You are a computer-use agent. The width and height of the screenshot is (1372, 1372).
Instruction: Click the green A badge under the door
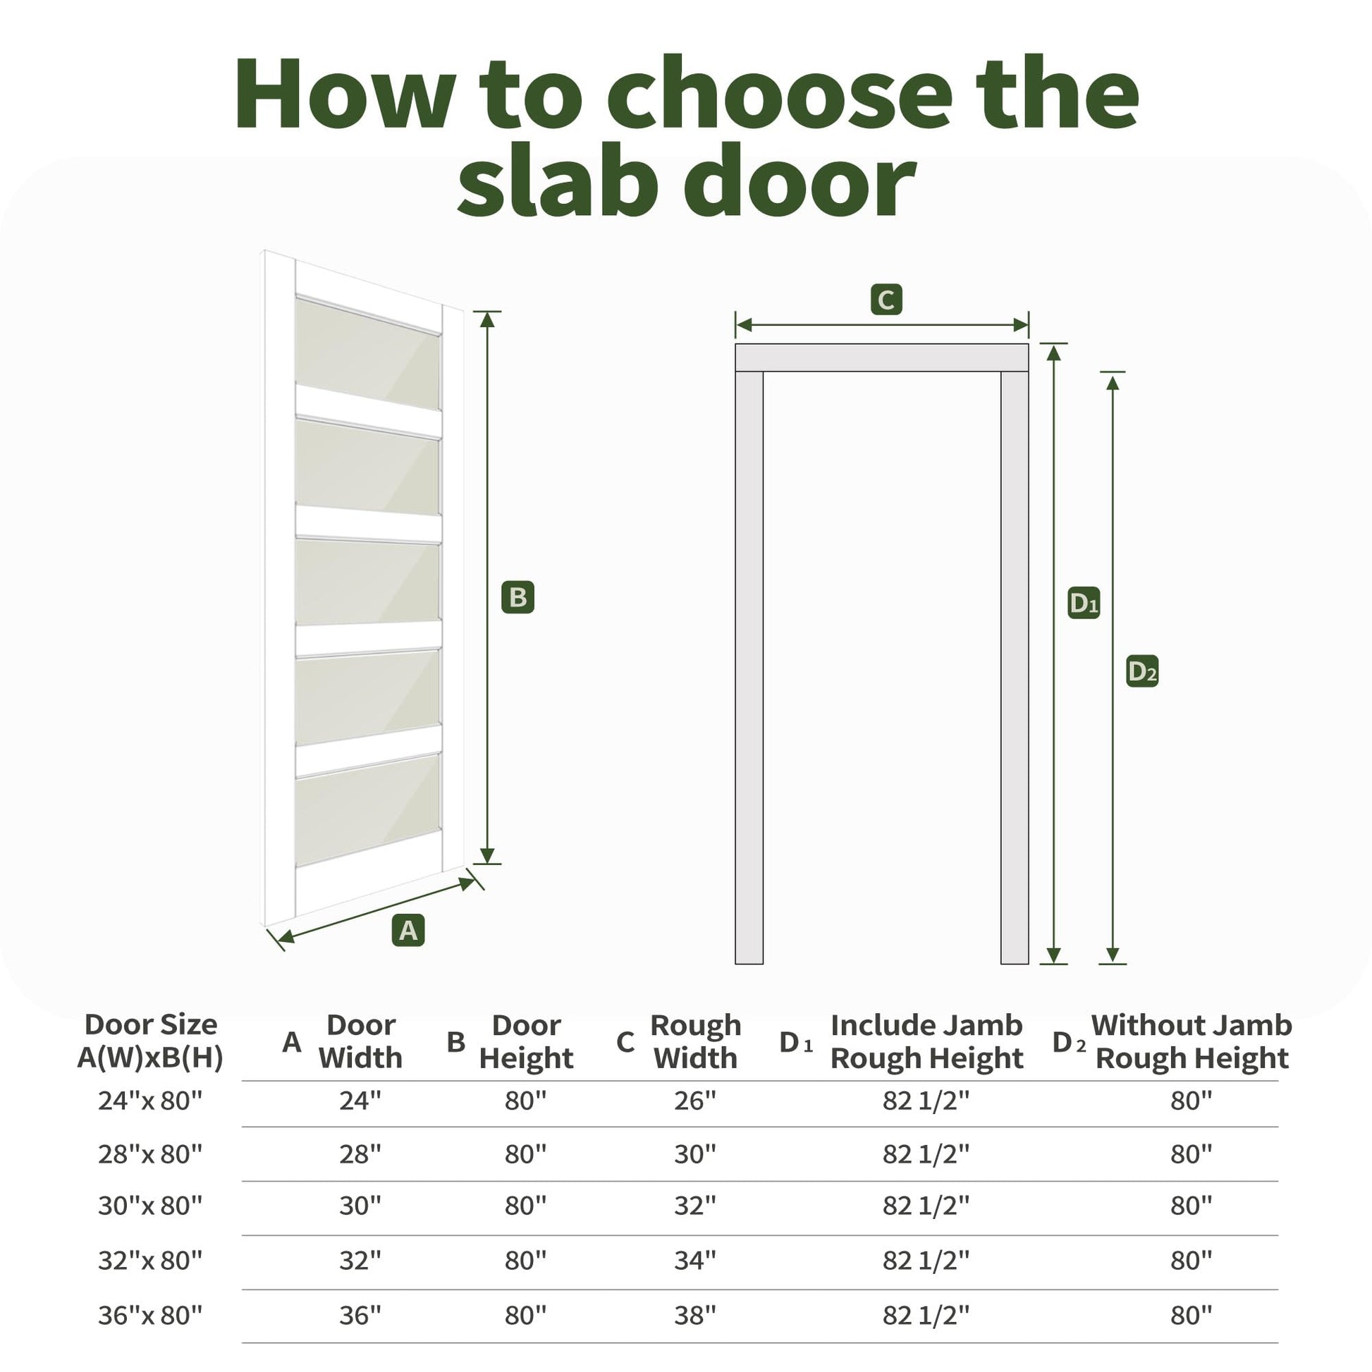pos(408,929)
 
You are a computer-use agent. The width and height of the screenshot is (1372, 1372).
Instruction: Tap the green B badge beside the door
pos(517,597)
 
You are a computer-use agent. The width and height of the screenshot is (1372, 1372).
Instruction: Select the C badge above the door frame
pos(886,300)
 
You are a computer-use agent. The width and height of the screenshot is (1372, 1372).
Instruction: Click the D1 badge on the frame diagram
pos(1084,603)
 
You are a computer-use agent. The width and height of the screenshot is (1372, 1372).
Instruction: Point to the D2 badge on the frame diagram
pos(1143,671)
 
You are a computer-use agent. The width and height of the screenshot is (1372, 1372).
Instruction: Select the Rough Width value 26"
pos(695,1101)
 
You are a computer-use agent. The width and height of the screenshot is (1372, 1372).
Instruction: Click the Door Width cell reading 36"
pos(360,1315)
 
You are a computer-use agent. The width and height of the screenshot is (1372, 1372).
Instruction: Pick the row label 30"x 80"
pos(150,1206)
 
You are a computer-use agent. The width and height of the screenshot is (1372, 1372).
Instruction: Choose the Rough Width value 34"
pos(695,1261)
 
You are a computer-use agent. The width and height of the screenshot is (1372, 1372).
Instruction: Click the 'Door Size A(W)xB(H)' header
pos(151,1041)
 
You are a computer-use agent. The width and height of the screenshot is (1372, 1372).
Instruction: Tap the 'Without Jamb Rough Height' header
pos(1192,1042)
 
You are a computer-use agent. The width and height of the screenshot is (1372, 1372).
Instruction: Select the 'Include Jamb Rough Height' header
pos(926,1042)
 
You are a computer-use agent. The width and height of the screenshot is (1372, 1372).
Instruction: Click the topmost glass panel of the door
pos(368,353)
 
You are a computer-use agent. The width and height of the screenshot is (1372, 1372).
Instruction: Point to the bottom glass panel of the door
pos(368,809)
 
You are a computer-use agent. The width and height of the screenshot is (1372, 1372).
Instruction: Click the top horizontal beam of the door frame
pos(882,358)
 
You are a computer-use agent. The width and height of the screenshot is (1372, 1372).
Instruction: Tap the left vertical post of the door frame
pos(749,668)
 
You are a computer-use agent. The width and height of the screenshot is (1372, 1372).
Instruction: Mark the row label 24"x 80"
pos(150,1101)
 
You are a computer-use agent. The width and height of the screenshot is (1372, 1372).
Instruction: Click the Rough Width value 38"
pos(695,1315)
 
